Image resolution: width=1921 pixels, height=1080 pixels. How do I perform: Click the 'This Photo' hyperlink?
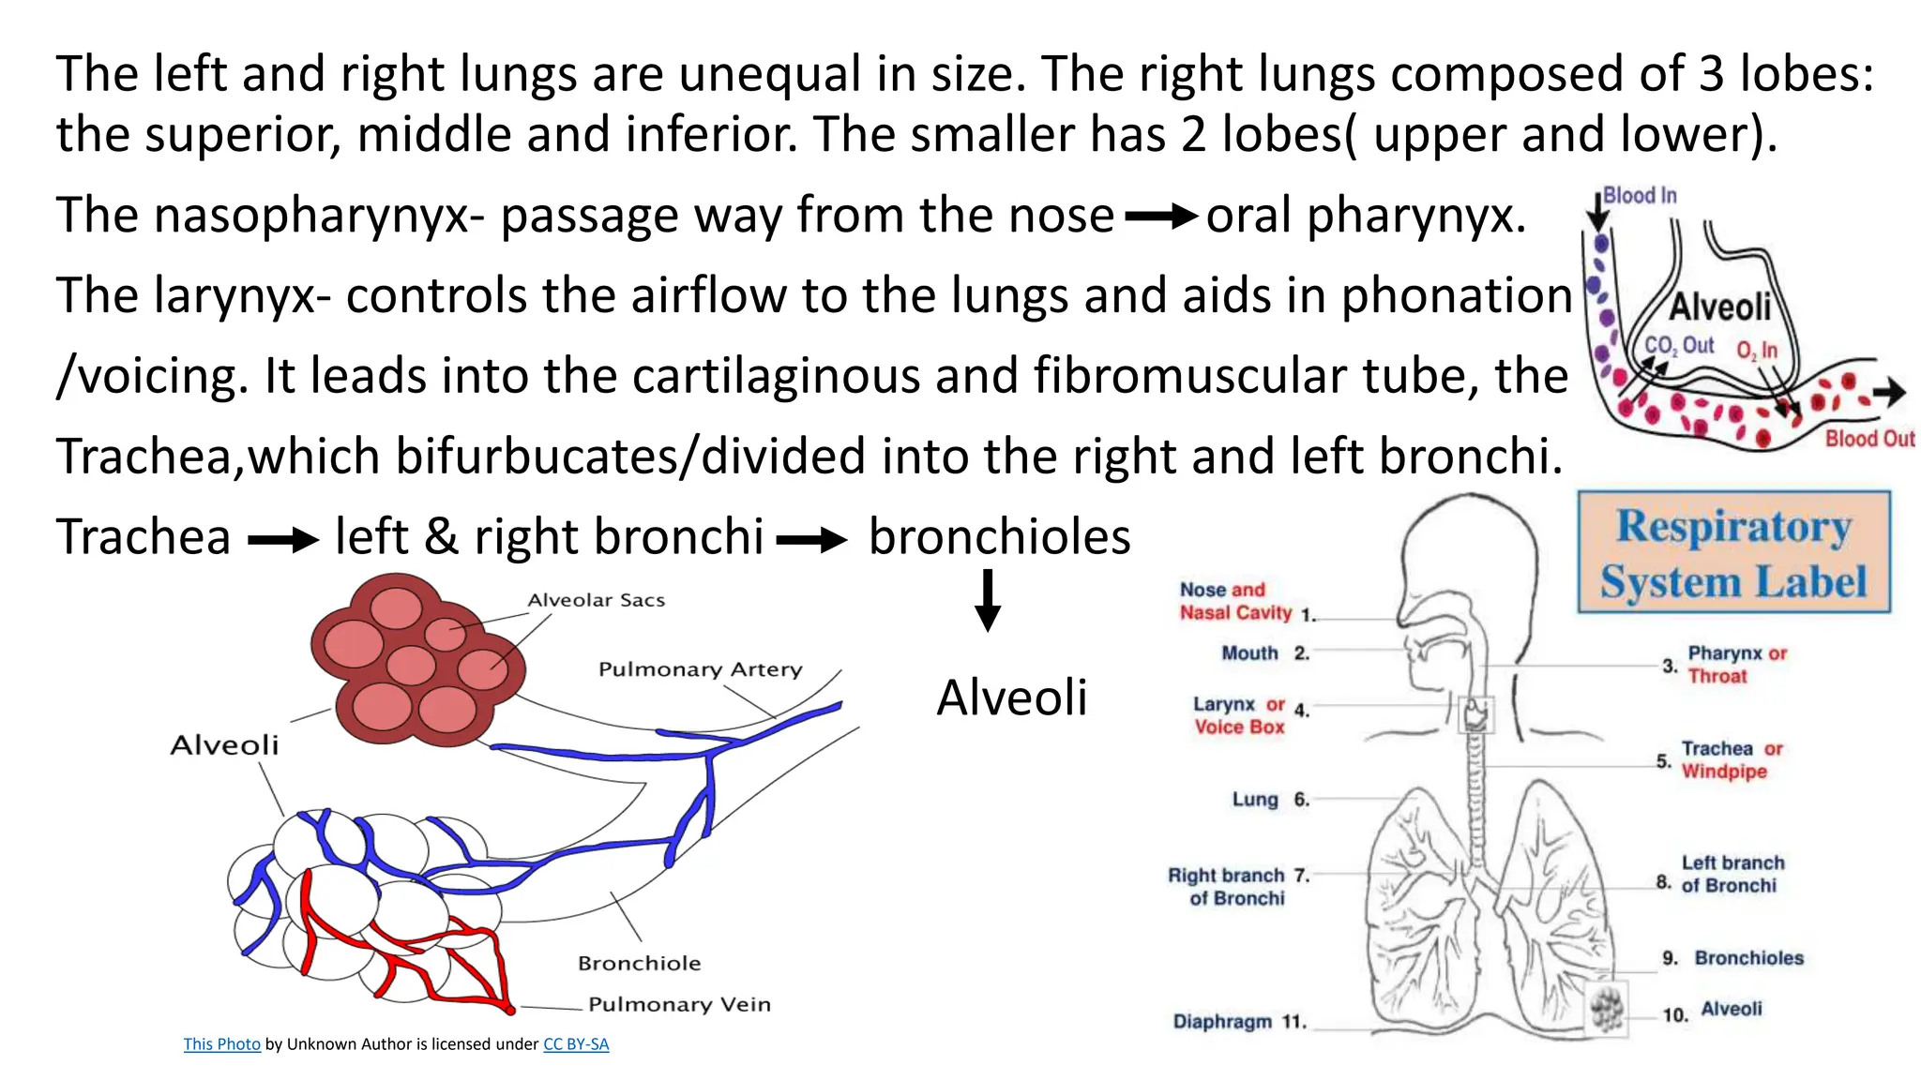pos(221,1044)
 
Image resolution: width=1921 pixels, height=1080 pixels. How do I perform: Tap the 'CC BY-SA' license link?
pos(576,1044)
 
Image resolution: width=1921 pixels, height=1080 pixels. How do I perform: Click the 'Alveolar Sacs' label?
pos(596,600)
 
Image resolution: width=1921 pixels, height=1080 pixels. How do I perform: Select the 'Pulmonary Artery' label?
pos(700,669)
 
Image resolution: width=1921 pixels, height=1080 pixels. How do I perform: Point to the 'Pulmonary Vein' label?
pos(679,1004)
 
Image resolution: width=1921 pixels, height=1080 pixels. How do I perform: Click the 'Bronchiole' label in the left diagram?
pos(639,963)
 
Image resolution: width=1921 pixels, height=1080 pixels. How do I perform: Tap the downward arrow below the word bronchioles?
pos(988,601)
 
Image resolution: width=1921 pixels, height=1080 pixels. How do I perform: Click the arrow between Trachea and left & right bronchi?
pos(282,540)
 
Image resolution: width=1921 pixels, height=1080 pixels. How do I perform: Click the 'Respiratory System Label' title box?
pos(1733,552)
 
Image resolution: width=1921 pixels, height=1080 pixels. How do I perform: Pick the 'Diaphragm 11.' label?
pos(1239,1022)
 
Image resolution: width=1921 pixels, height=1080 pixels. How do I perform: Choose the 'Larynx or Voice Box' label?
pos(1240,715)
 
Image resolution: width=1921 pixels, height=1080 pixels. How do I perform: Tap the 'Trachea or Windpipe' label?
pos(1731,759)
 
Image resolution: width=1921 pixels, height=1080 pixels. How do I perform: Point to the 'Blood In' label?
pos(1639,196)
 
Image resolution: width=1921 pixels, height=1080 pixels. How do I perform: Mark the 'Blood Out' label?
pos(1868,439)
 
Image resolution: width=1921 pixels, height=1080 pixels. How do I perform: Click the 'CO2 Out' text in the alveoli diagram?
pos(1678,346)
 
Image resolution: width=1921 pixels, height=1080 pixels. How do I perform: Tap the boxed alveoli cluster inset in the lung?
pos(1607,1009)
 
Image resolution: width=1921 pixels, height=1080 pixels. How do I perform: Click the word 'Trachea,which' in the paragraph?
pos(149,457)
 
